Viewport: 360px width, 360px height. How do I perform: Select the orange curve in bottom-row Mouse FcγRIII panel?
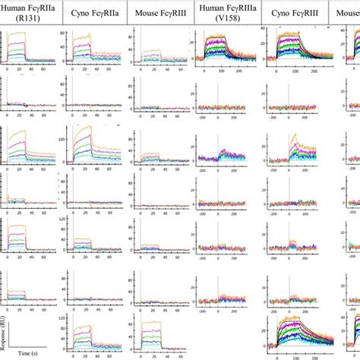point(156,321)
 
